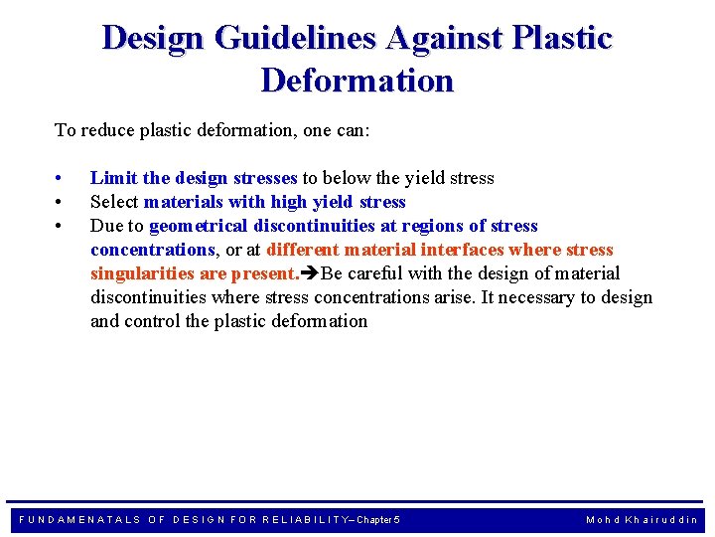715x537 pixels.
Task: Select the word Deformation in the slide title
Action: [x=357, y=80]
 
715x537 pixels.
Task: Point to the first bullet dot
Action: [x=61, y=179]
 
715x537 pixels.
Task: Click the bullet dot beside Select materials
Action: [x=61, y=203]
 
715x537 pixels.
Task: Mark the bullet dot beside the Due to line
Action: [x=61, y=227]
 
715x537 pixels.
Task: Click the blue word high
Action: [x=276, y=202]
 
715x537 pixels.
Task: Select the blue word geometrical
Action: [x=198, y=226]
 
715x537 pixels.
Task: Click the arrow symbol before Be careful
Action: [x=310, y=273]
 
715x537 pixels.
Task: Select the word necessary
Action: [x=538, y=297]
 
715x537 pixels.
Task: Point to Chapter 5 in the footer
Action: [x=378, y=520]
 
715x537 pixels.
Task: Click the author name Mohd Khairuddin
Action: [x=642, y=520]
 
